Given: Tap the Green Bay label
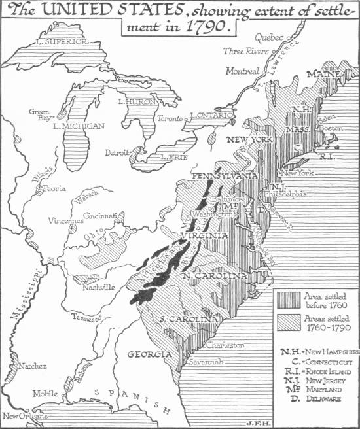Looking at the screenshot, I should [x=39, y=115].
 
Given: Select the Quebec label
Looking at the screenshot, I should [x=266, y=38].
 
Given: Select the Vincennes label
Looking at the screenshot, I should [x=65, y=220].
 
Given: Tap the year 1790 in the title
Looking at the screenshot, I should [x=206, y=28].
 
